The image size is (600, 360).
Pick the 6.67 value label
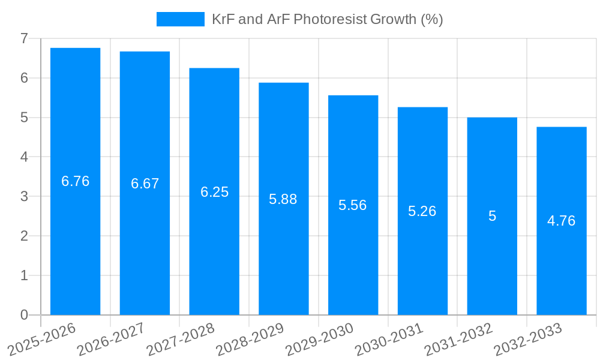[x=145, y=184]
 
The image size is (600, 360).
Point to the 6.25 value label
[x=214, y=192]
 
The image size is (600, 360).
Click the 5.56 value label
[x=352, y=205]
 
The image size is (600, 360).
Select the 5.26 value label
[x=422, y=211]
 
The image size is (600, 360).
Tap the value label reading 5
[x=492, y=216]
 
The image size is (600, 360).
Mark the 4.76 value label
[x=561, y=221]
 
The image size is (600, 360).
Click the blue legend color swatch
[x=180, y=19]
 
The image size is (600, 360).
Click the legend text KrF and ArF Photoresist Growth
[x=327, y=19]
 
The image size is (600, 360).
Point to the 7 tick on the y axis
[x=24, y=38]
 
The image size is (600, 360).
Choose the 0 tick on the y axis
[x=24, y=315]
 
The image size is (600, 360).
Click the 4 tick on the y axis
[x=24, y=157]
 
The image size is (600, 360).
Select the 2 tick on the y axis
[x=24, y=236]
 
